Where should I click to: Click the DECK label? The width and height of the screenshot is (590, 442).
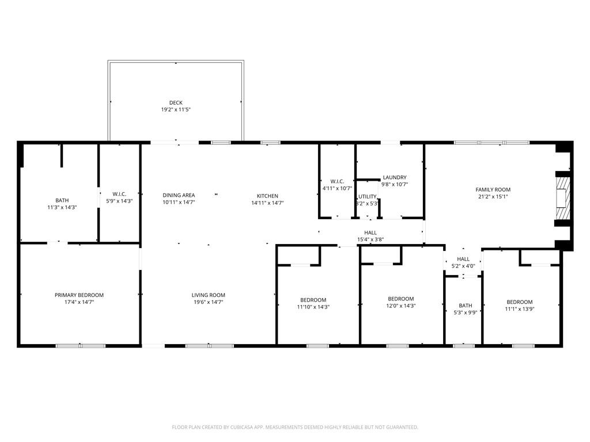[176, 102]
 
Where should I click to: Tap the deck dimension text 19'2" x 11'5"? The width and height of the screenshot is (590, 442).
[176, 110]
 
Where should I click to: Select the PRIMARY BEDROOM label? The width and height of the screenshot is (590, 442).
[79, 295]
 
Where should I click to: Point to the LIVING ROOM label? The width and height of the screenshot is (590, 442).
[209, 295]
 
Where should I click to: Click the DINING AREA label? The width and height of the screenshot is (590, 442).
[179, 195]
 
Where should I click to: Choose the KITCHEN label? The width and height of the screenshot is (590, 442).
[267, 196]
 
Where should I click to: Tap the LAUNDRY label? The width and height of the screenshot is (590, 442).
[395, 177]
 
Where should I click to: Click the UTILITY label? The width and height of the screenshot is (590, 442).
[367, 197]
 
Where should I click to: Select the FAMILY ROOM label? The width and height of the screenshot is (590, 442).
[493, 190]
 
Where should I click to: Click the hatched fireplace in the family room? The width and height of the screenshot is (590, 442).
[563, 198]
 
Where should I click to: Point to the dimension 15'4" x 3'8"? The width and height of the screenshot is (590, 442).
[370, 239]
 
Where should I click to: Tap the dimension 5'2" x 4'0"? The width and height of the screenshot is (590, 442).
[463, 266]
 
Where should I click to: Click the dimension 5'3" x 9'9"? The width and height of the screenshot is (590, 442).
[466, 313]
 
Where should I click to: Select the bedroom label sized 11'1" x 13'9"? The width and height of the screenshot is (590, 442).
[520, 302]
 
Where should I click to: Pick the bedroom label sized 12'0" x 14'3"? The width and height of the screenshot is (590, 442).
[401, 299]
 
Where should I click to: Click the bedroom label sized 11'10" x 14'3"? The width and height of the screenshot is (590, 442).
[313, 300]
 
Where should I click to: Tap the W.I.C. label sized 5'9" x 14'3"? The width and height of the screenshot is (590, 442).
[119, 194]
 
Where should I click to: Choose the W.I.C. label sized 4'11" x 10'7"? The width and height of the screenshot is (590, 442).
[337, 181]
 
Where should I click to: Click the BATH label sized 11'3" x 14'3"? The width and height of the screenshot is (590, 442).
[62, 200]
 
